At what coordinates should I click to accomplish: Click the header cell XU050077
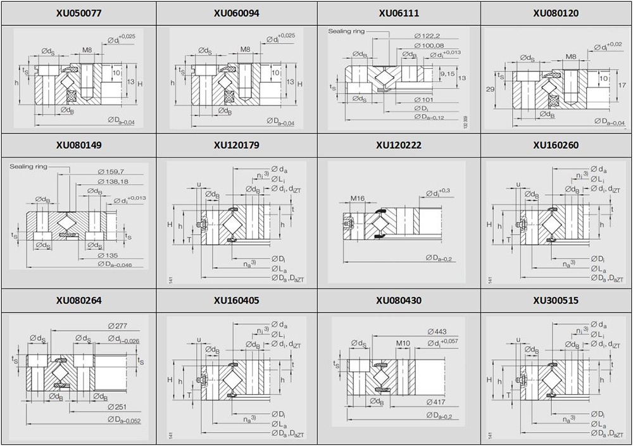[78, 13]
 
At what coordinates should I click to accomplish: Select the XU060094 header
[237, 13]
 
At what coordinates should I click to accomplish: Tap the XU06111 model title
[398, 13]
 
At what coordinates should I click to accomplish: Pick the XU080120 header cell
[556, 13]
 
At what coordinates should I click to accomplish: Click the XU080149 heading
[78, 145]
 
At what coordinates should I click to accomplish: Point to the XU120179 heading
[237, 145]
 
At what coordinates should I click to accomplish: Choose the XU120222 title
[398, 145]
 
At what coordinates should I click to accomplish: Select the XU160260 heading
[556, 145]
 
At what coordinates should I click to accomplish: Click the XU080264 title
[78, 300]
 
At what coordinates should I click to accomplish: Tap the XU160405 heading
[237, 300]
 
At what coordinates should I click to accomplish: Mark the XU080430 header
[398, 300]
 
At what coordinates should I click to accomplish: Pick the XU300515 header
[556, 300]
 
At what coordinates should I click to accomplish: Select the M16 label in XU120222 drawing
[358, 199]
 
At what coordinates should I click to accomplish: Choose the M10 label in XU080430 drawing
[404, 344]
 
